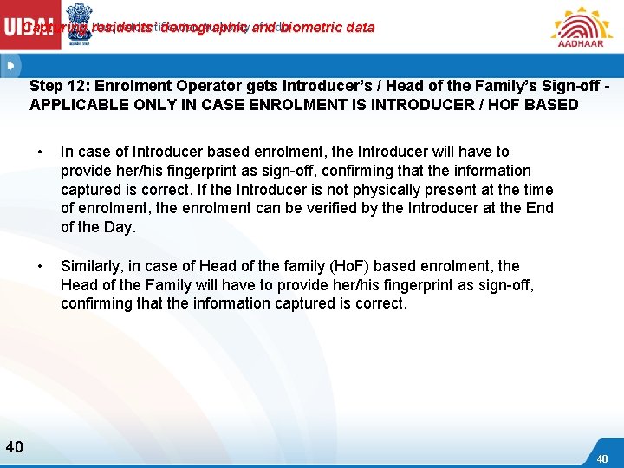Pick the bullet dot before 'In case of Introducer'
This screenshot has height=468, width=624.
tap(40, 153)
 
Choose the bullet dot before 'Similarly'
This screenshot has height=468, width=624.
tap(40, 266)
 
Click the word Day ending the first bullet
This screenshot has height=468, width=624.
tap(120, 227)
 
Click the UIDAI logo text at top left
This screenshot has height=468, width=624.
tap(32, 27)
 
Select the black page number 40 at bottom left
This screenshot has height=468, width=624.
tap(14, 447)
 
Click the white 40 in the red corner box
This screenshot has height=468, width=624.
tap(602, 458)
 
